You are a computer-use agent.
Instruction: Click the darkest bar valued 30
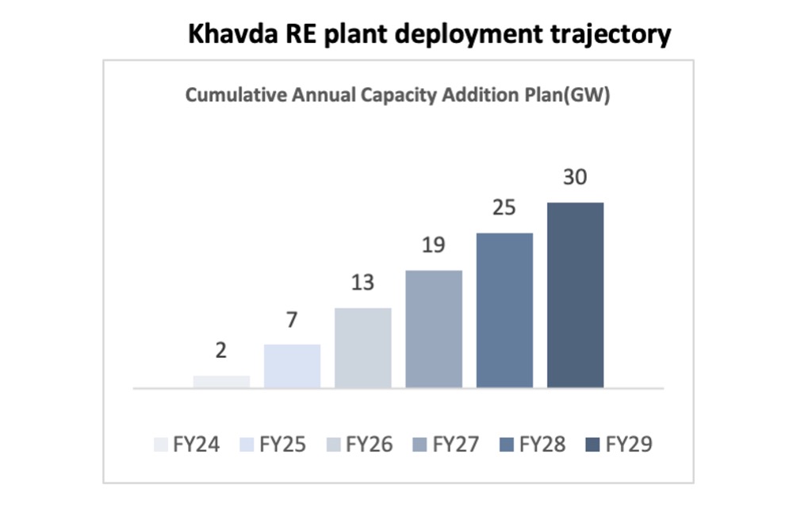pos(575,295)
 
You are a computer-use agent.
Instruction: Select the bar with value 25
pos(504,310)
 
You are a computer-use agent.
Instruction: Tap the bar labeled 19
pos(434,329)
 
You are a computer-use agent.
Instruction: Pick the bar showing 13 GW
pos(362,348)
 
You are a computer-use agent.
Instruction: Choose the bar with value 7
pos(292,366)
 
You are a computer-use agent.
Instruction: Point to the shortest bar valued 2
pos(221,382)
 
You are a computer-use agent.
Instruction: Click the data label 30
pos(575,177)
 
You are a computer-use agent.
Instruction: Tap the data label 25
pos(504,207)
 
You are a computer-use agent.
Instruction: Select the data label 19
pos(434,245)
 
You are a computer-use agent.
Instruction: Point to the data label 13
pos(362,283)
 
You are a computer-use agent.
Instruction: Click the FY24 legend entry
pos(187,444)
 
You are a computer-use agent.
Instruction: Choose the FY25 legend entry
pos(273,444)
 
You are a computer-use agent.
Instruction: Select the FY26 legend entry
pos(359,444)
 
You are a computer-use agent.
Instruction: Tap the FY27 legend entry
pos(446,444)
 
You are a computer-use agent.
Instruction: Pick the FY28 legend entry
pos(533,444)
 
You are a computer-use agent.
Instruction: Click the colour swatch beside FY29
pos(592,444)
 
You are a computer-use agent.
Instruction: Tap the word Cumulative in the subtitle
pos(236,94)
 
